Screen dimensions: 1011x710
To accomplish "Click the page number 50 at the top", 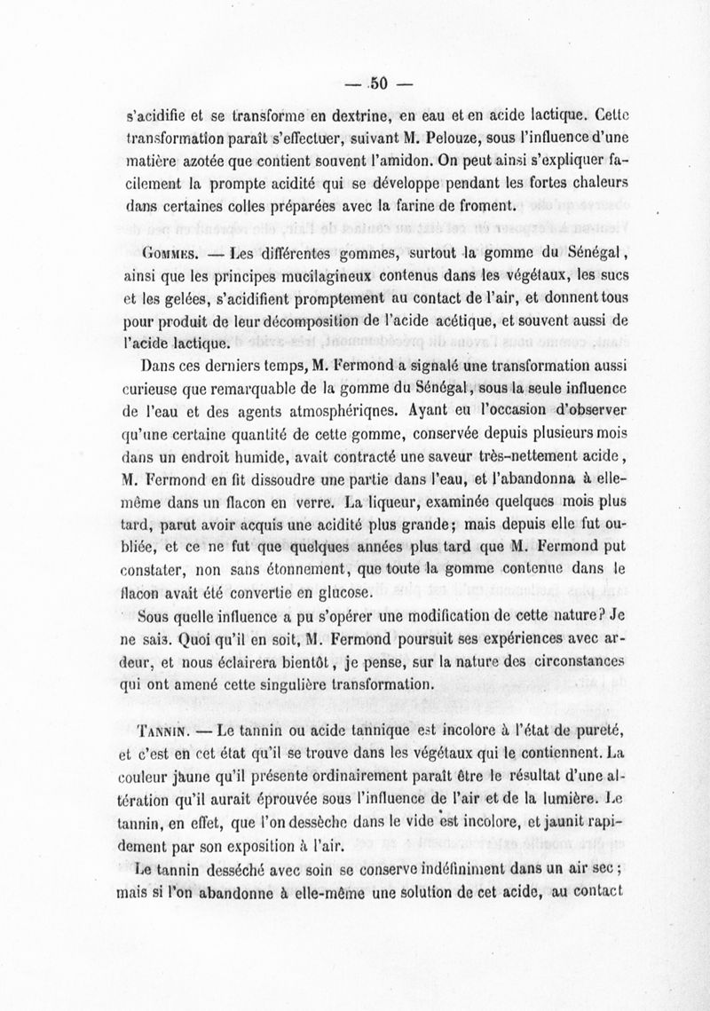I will [x=381, y=84].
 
